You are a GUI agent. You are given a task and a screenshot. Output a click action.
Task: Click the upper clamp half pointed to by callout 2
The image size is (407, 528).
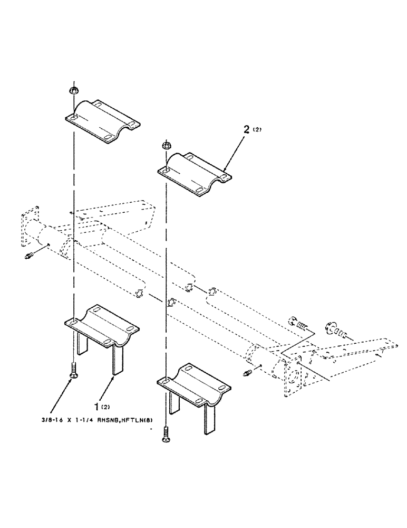[x=196, y=169]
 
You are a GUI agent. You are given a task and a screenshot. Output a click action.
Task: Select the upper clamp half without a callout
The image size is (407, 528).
[x=102, y=121]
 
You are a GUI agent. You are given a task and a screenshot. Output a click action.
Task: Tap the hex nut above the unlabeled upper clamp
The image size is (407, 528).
[x=73, y=91]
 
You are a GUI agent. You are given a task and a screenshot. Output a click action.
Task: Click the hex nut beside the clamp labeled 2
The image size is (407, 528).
[x=165, y=144]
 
